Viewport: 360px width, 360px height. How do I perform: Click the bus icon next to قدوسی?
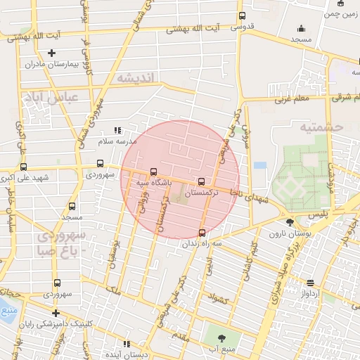243,16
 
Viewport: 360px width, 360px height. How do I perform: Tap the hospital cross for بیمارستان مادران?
51,53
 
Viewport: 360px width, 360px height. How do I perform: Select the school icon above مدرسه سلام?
118,130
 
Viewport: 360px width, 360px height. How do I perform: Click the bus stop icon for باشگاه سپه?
154,171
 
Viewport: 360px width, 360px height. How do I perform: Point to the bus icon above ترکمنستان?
202,180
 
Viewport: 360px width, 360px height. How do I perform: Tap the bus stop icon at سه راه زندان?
202,232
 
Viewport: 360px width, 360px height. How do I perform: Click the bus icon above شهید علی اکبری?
24,167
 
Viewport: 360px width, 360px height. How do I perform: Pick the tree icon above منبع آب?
223,337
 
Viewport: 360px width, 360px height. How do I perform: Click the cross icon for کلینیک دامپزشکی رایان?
56,313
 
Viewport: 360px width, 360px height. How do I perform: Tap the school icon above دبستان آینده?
127,344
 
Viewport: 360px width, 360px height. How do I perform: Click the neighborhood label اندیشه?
135,77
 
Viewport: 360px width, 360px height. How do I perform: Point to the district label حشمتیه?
319,127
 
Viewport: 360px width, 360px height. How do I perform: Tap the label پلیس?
318,211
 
